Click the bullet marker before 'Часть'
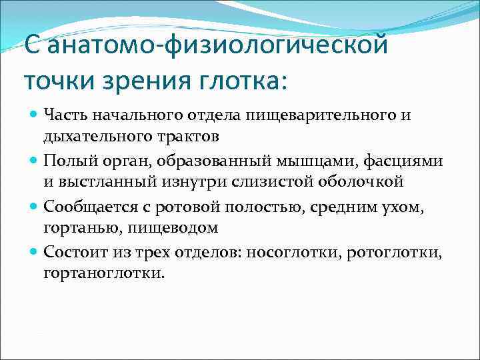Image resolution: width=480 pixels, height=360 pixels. click(35, 115)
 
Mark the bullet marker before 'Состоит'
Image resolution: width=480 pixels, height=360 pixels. click(35, 253)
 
